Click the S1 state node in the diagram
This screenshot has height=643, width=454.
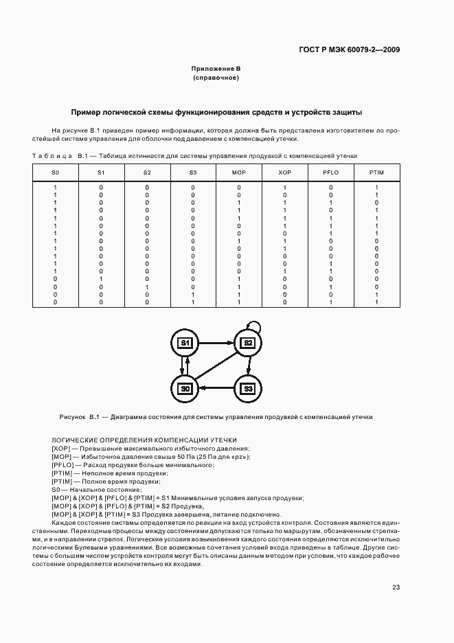pos(185,342)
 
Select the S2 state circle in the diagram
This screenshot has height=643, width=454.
pos(248,342)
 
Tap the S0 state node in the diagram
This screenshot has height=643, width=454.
pos(185,389)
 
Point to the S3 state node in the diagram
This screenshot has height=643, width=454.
pos(248,389)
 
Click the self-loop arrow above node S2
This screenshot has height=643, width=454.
pos(253,321)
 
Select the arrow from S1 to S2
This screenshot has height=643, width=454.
pos(216,341)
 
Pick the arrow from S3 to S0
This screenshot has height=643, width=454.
pos(216,389)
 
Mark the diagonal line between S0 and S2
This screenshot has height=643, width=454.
pos(216,365)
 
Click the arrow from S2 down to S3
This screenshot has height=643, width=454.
pos(249,365)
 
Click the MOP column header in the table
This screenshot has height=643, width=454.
pos(239,171)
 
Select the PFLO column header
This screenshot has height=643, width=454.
pos(330,171)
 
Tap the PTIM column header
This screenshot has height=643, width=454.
pos(376,171)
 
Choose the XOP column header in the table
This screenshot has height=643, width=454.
pos(284,171)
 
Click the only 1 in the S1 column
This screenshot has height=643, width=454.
pos(101,279)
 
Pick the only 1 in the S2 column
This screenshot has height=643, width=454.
pos(147,286)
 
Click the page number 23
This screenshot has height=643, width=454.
pos(396,587)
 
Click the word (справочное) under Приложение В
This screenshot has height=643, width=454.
pos(216,78)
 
